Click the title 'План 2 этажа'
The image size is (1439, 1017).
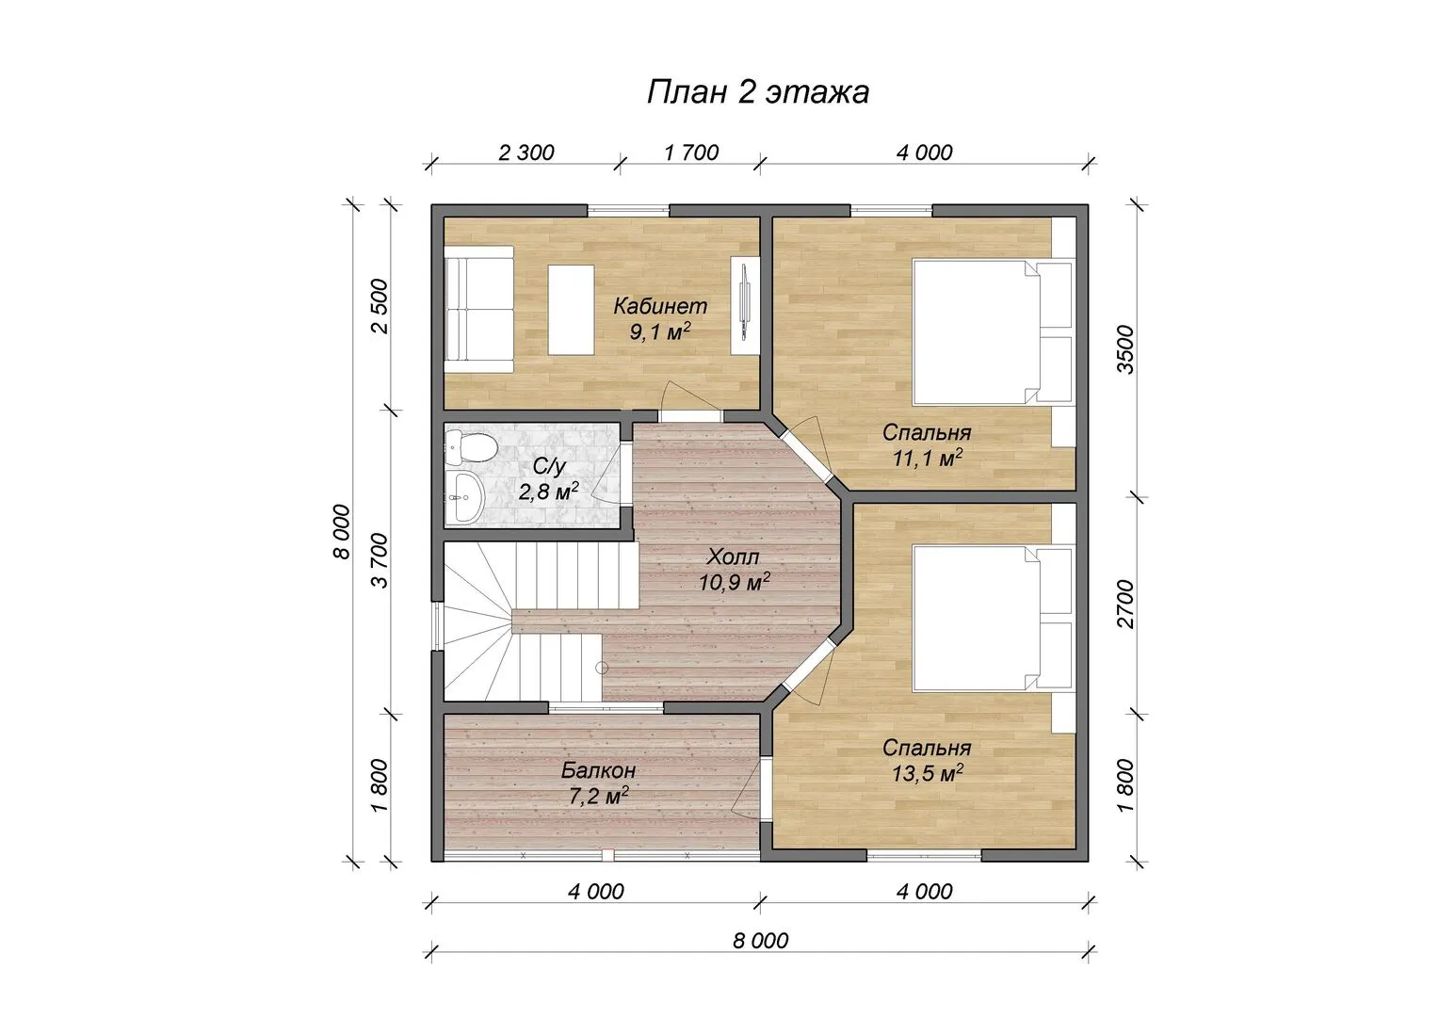pyautogui.click(x=758, y=92)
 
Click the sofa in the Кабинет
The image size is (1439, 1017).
pyautogui.click(x=479, y=309)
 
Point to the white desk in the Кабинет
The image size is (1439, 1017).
pyautogui.click(x=571, y=310)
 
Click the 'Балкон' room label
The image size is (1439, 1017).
pyautogui.click(x=598, y=769)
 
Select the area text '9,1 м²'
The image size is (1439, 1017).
pyautogui.click(x=660, y=331)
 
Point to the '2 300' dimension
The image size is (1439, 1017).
pyautogui.click(x=526, y=153)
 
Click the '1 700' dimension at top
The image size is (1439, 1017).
pyautogui.click(x=691, y=153)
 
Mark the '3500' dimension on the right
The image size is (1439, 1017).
pyautogui.click(x=1126, y=349)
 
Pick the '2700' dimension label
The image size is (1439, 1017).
pyautogui.click(x=1126, y=604)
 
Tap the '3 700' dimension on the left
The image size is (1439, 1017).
pyautogui.click(x=380, y=560)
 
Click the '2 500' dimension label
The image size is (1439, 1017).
pyautogui.click(x=380, y=306)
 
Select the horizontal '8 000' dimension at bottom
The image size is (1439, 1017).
pyautogui.click(x=761, y=941)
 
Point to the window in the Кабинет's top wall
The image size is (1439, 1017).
pyautogui.click(x=628, y=209)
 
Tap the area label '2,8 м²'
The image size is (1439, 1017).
pyautogui.click(x=549, y=492)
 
